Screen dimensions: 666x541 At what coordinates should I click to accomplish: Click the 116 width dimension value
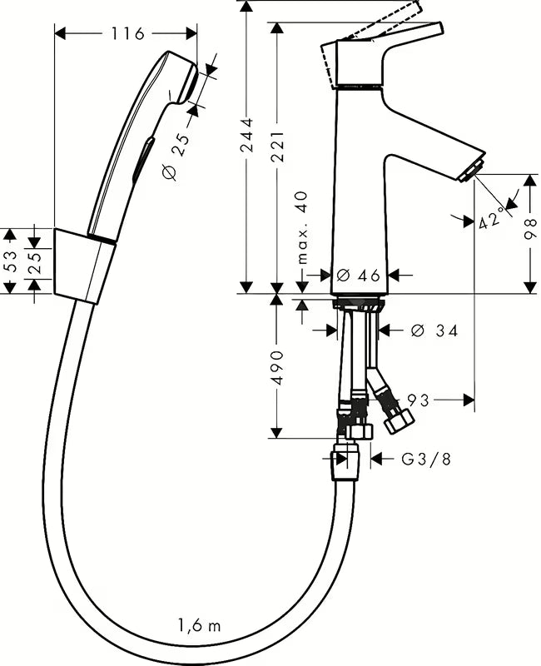[x=127, y=33]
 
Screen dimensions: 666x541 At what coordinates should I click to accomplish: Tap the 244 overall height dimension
[x=247, y=146]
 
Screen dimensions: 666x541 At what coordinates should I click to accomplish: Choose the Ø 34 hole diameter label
[x=434, y=331]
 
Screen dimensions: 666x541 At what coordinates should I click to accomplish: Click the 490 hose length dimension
[x=277, y=366]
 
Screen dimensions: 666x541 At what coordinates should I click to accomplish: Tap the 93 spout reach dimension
[x=419, y=400]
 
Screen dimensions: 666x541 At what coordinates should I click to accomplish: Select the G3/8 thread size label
[x=425, y=458]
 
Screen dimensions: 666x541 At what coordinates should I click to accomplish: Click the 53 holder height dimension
[x=10, y=261]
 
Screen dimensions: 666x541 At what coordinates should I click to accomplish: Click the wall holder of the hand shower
[x=84, y=266]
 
